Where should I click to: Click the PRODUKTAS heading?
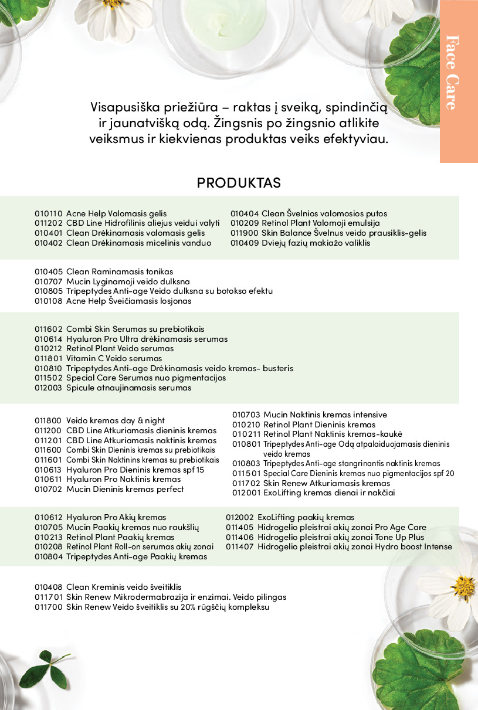pos(239,182)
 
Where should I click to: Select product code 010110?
pos(48,213)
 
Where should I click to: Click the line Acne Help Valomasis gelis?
pos(116,213)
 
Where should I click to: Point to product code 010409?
pos(243,243)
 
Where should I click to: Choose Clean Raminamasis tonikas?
pos(120,271)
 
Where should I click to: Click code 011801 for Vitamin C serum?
pos(48,358)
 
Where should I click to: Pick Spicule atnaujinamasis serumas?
pos(128,388)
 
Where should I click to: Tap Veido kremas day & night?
pos(116,420)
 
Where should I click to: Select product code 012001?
pos(246,493)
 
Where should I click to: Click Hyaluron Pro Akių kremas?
pos(116,517)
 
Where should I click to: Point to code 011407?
pos(239,546)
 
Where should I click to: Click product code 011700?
pos(48,607)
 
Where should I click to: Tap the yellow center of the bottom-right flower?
pos(463,587)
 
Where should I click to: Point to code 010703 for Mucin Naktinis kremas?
pos(246,415)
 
